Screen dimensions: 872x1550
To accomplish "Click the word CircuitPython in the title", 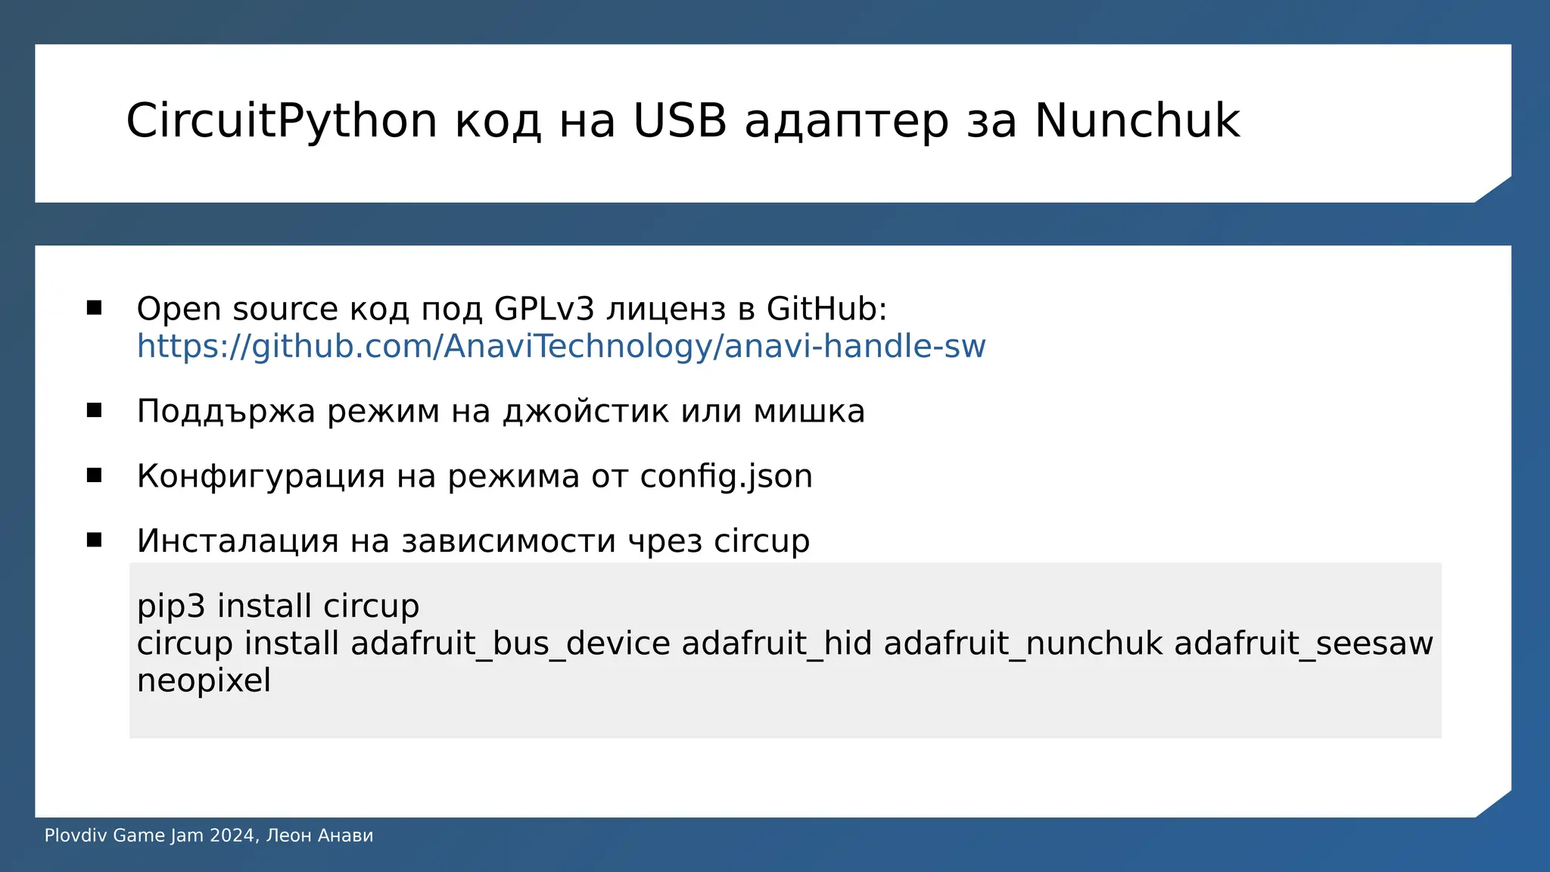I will [x=282, y=121].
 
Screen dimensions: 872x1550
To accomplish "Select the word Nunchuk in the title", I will [x=1137, y=121].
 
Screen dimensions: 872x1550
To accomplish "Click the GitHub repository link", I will [x=561, y=347].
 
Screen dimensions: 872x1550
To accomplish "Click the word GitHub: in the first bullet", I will [x=826, y=310].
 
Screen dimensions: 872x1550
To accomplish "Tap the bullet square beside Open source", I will [x=95, y=307].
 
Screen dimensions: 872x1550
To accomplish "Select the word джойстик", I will [x=586, y=412].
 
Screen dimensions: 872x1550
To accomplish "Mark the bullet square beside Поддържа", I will [x=95, y=410].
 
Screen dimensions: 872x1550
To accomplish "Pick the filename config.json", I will [x=726, y=477].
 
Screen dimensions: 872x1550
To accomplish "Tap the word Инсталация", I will [x=237, y=541].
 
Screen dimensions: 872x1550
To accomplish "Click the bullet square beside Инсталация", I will [x=95, y=540].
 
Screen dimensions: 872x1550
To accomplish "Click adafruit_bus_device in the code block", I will [x=510, y=644].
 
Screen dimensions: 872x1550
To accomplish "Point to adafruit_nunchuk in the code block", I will [x=1022, y=644].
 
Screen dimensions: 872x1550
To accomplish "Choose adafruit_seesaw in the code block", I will [x=1303, y=644].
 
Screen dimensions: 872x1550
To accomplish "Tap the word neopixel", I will [x=204, y=680].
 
